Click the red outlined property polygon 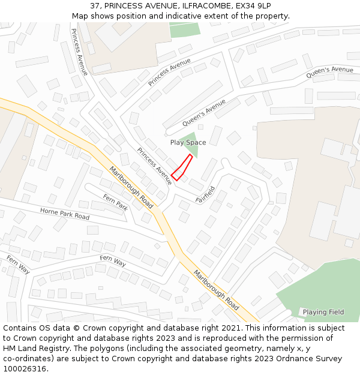[x=182, y=167]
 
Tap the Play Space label [x=188, y=143]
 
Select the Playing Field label [x=323, y=312]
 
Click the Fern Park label [x=115, y=201]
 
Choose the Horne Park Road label [x=65, y=213]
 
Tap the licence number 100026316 [x=25, y=369]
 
